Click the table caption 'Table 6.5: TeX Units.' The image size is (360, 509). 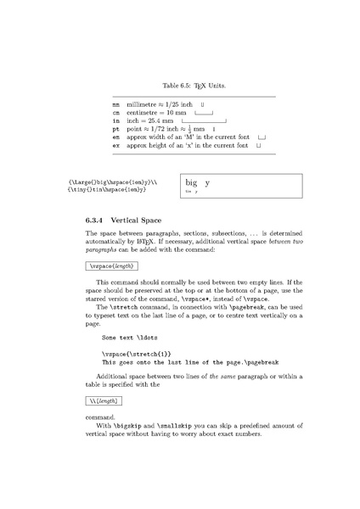180,85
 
